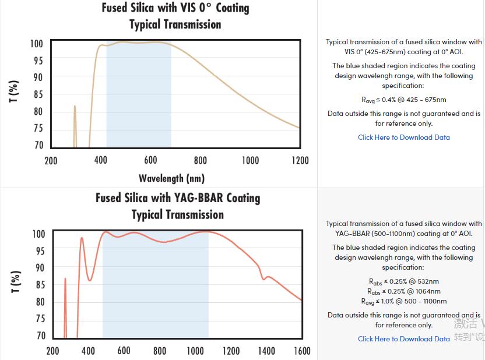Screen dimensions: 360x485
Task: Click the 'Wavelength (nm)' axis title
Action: pyautogui.click(x=171, y=178)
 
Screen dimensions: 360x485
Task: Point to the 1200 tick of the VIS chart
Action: pyautogui.click(x=300, y=160)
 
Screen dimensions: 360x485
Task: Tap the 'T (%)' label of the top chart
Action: pyautogui.click(x=14, y=91)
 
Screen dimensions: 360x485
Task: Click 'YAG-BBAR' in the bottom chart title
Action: pyautogui.click(x=199, y=198)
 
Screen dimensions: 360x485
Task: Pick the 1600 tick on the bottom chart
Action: pyautogui.click(x=302, y=351)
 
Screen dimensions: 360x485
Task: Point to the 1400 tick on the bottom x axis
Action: pyautogui.click(x=266, y=351)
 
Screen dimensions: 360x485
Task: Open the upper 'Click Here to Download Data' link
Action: pyautogui.click(x=404, y=137)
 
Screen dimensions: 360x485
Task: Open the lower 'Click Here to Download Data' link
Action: pyautogui.click(x=404, y=339)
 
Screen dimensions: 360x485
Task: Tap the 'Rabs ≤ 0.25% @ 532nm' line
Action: pyautogui.click(x=404, y=282)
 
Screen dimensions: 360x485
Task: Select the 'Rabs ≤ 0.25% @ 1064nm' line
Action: pyautogui.click(x=404, y=291)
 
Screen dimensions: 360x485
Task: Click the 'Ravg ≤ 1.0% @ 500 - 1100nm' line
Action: pyautogui.click(x=404, y=301)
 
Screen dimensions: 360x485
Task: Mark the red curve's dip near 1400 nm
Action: pyautogui.click(x=263, y=279)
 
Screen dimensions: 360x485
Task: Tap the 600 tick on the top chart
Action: pyautogui.click(x=150, y=160)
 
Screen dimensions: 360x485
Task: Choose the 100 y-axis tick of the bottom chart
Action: pyautogui.click(x=38, y=234)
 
